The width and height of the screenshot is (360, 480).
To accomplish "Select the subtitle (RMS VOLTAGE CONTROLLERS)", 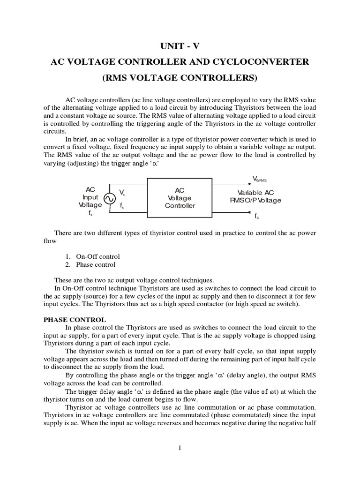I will click(x=180, y=78).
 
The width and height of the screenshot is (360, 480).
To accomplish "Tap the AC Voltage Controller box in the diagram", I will click(x=180, y=198).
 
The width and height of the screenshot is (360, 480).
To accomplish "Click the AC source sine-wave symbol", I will click(x=109, y=198).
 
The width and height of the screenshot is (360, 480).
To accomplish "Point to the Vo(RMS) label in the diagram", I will click(x=259, y=179).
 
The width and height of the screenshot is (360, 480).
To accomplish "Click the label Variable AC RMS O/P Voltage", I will click(x=259, y=197).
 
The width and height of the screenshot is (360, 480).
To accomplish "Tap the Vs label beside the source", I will click(x=122, y=192).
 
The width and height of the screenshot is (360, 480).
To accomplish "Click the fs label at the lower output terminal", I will click(x=257, y=217).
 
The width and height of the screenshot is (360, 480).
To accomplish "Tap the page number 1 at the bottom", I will click(x=180, y=448).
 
